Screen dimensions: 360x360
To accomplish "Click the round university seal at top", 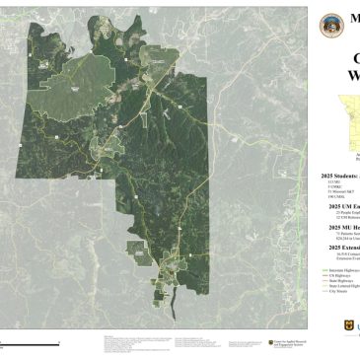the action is tap(332, 27).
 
